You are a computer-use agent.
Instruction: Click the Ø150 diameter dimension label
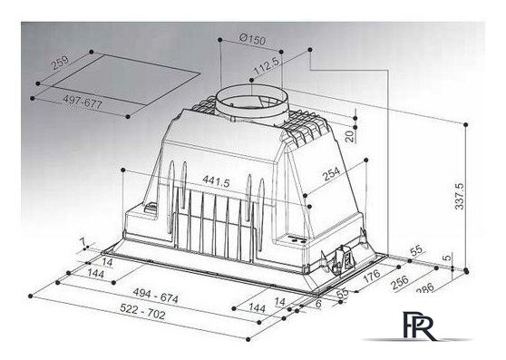[x=253, y=39]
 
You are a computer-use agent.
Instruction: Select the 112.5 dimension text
[x=267, y=65]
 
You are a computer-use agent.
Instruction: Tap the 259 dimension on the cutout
[x=60, y=63]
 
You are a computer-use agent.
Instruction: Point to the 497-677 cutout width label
[x=83, y=102]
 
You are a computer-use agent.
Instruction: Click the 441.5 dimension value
[x=216, y=181]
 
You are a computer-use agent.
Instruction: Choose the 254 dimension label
[x=331, y=174]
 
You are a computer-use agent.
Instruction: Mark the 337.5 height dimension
[x=459, y=196]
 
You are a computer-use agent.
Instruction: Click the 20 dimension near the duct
[x=350, y=136]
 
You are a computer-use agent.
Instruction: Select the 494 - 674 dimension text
[x=156, y=296]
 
